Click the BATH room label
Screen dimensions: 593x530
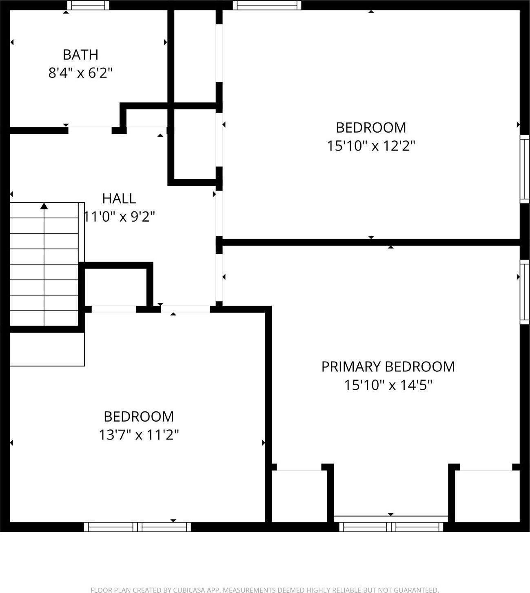coord(80,55)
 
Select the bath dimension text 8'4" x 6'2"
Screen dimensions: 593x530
coord(80,73)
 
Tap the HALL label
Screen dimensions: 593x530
coord(119,199)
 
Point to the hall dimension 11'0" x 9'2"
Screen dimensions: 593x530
coord(119,216)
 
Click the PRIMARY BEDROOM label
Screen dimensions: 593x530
coord(388,367)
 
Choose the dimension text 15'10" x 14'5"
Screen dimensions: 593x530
coord(388,385)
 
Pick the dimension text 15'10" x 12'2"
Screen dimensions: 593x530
coord(371,146)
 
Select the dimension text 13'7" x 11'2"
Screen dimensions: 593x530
coord(139,435)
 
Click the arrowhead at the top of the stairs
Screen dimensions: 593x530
coord(44,206)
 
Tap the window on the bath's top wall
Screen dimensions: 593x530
coord(88,5)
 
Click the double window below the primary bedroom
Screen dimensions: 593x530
coord(391,526)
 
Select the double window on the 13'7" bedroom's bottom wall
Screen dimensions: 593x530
coord(137,527)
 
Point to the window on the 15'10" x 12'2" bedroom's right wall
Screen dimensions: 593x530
coord(524,169)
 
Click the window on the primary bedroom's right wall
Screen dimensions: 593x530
coord(524,292)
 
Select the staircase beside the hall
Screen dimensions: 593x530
coord(44,264)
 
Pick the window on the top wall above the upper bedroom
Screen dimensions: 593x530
coord(267,5)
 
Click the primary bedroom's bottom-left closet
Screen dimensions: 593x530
coord(299,496)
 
